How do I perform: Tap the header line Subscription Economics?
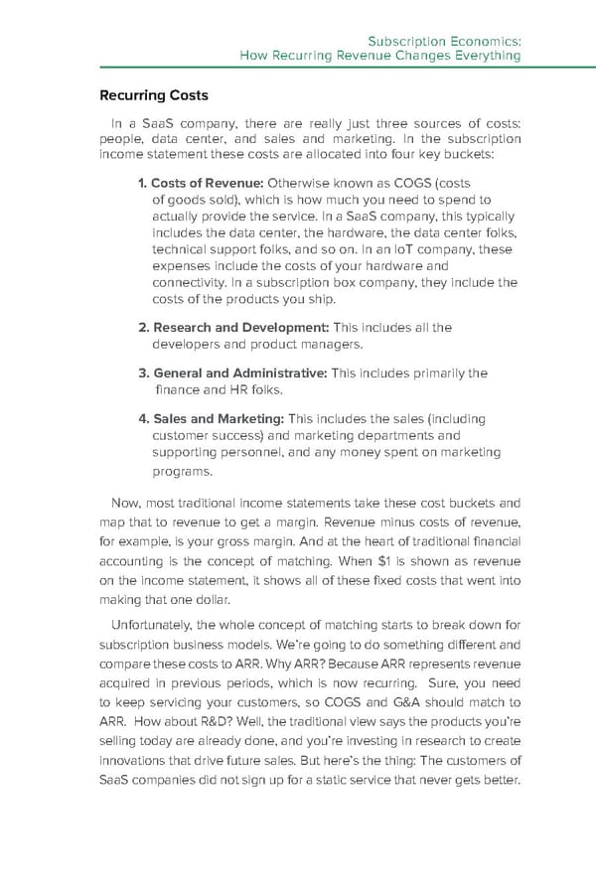[x=445, y=42]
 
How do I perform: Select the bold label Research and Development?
[x=233, y=327]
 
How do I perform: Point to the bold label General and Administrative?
[x=233, y=372]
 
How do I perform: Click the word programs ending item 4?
[x=182, y=472]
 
